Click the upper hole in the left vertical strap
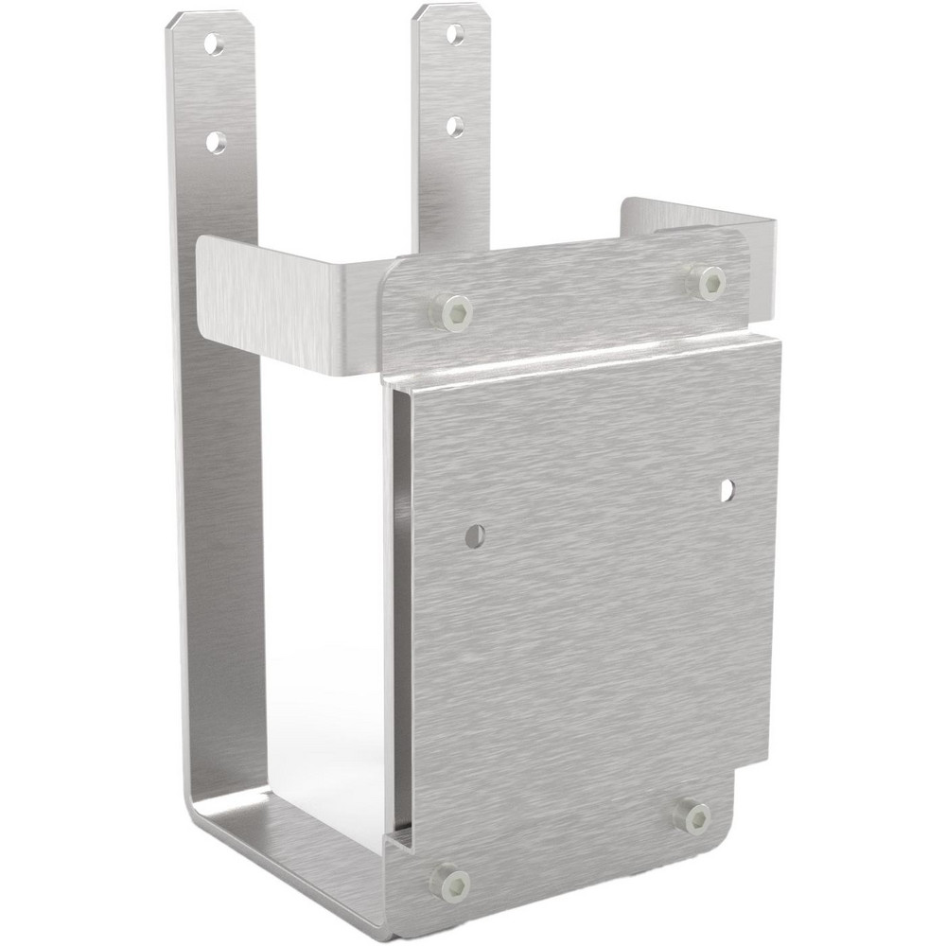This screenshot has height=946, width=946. (x=216, y=44)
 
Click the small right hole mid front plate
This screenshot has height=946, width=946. (x=727, y=490)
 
